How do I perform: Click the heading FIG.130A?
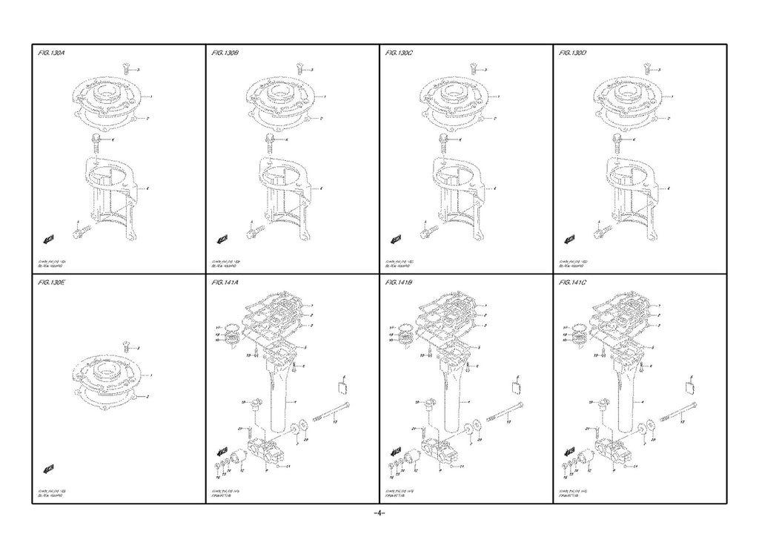[52, 54]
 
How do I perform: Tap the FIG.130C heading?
[400, 54]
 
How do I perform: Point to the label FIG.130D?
[574, 54]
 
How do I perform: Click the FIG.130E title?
[52, 283]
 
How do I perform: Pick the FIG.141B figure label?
[400, 283]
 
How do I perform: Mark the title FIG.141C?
[574, 283]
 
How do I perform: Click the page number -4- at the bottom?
[379, 513]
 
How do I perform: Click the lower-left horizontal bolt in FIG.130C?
[425, 233]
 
